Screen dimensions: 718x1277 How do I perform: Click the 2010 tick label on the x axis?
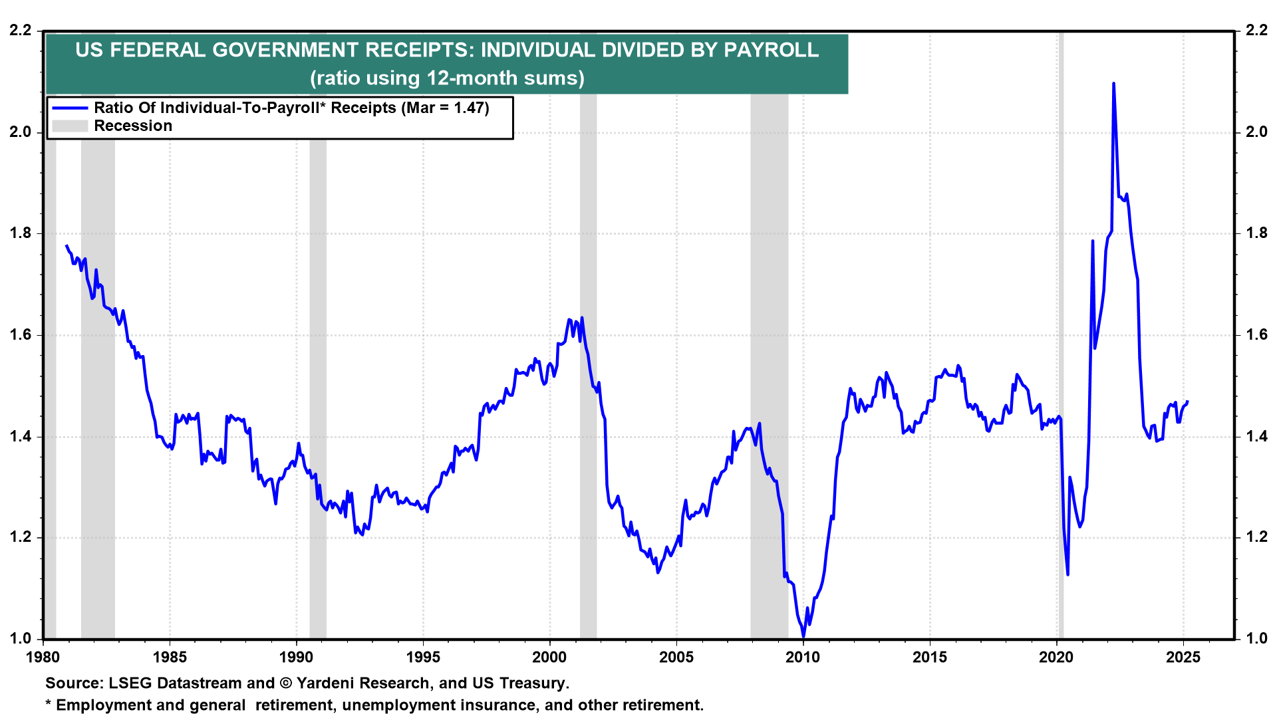[x=803, y=658]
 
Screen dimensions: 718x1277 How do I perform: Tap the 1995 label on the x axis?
[x=423, y=658]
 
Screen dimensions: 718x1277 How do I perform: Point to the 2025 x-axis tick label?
[x=1183, y=658]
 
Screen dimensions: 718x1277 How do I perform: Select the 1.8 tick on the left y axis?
[x=21, y=233]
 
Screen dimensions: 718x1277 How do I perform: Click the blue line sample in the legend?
[x=70, y=108]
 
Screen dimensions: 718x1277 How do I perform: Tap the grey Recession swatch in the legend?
[x=70, y=126]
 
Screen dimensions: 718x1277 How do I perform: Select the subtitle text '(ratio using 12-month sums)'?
[x=447, y=78]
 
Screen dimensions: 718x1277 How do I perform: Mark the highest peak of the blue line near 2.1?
[x=1113, y=84]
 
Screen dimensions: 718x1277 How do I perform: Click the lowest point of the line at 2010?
[x=803, y=637]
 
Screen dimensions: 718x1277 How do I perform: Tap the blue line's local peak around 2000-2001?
[x=582, y=318]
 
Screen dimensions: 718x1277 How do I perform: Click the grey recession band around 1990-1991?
[x=318, y=399]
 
